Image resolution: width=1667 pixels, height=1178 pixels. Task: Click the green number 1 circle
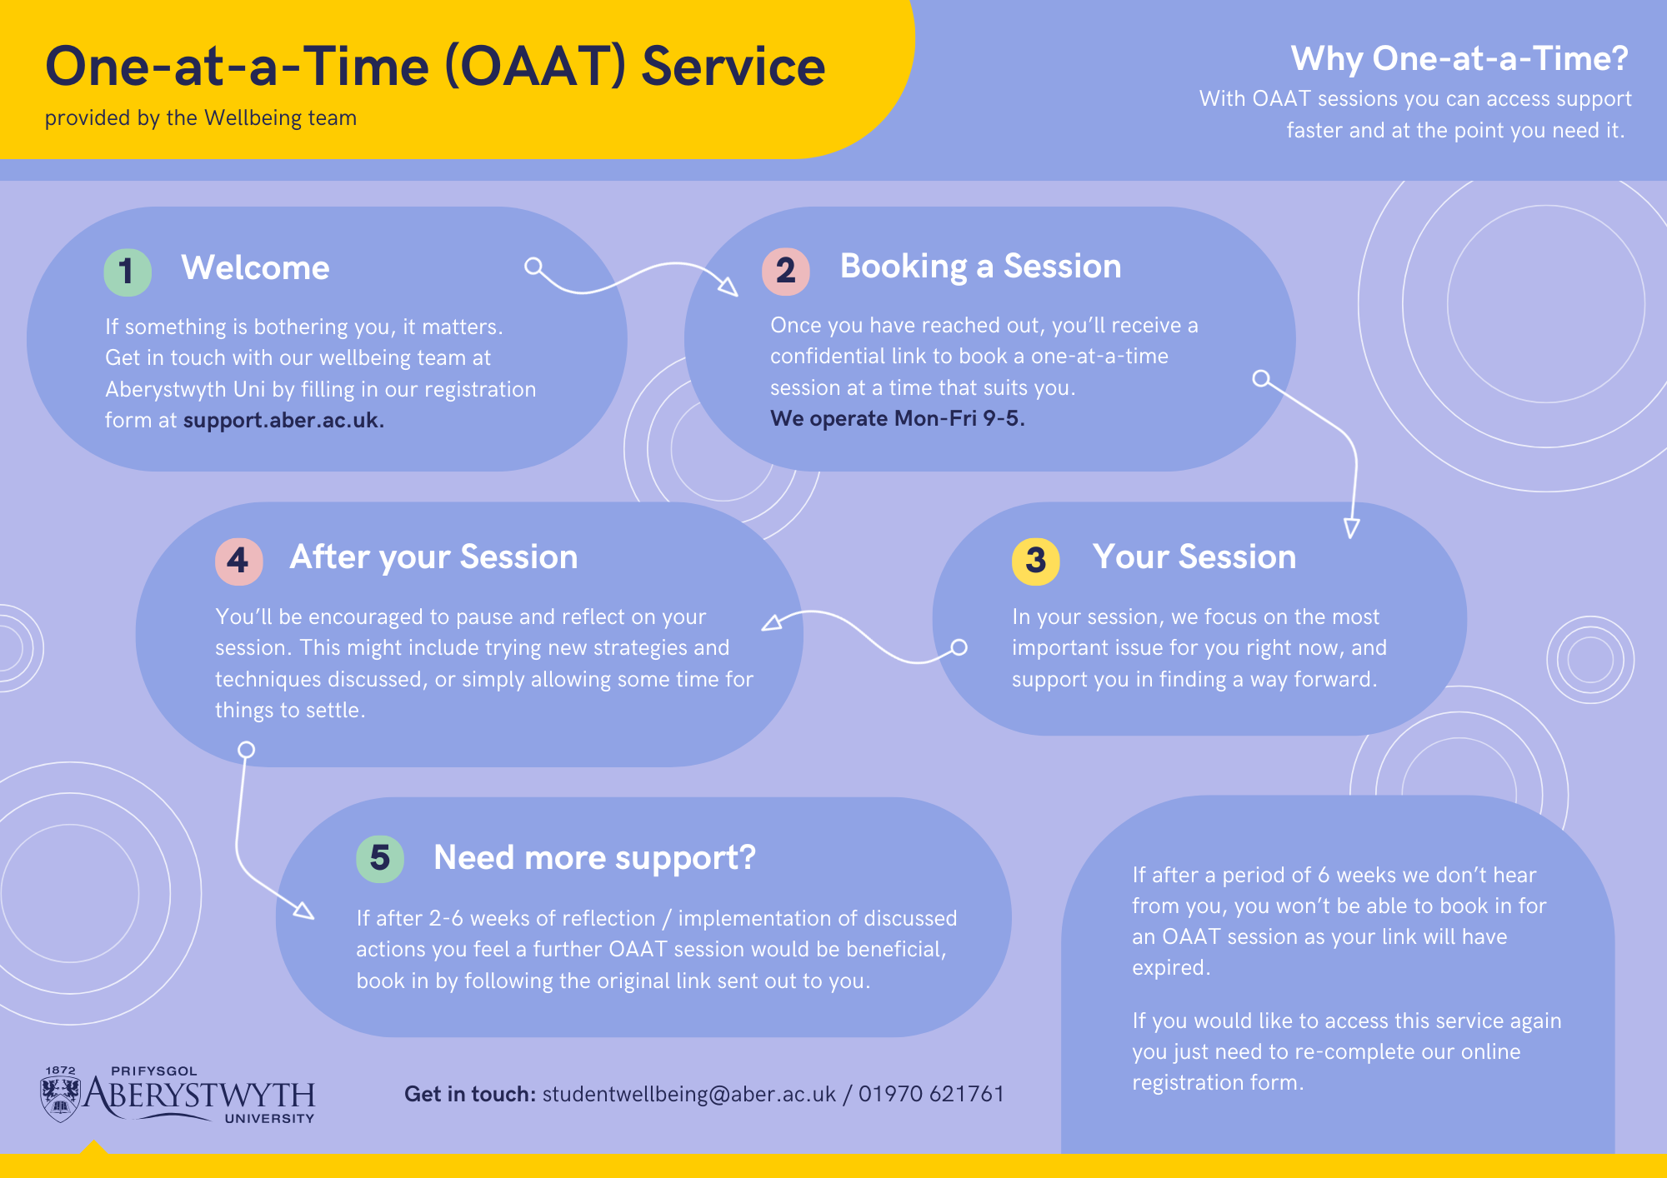coord(128,272)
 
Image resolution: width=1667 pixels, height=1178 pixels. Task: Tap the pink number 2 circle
coord(786,271)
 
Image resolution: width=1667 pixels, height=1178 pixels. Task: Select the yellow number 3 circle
coord(1036,561)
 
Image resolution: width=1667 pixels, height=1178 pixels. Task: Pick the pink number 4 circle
coord(239,561)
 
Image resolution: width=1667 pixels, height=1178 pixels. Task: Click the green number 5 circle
coord(380,858)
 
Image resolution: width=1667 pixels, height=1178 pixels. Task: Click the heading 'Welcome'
coord(256,268)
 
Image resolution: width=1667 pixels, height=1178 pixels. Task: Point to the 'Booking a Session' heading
coord(981,267)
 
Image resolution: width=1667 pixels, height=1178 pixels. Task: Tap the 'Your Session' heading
coord(1194,557)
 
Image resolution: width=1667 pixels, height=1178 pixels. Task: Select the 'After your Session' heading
coord(433,557)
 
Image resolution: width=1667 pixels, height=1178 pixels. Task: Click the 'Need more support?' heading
coord(595,858)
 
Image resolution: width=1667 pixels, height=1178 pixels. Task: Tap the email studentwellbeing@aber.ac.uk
coord(689,1094)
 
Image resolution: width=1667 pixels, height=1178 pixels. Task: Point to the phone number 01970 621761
coord(932,1094)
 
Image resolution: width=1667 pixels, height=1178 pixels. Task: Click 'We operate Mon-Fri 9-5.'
coord(898,418)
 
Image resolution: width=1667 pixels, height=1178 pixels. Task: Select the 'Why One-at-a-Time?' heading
coord(1459,58)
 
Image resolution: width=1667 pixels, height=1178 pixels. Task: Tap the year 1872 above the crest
coord(60,1071)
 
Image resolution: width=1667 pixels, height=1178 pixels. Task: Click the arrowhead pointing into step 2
coord(729,287)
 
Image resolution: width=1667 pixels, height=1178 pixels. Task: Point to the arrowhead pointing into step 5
coord(304,911)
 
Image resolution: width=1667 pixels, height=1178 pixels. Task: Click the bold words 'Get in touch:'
coord(470,1094)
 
